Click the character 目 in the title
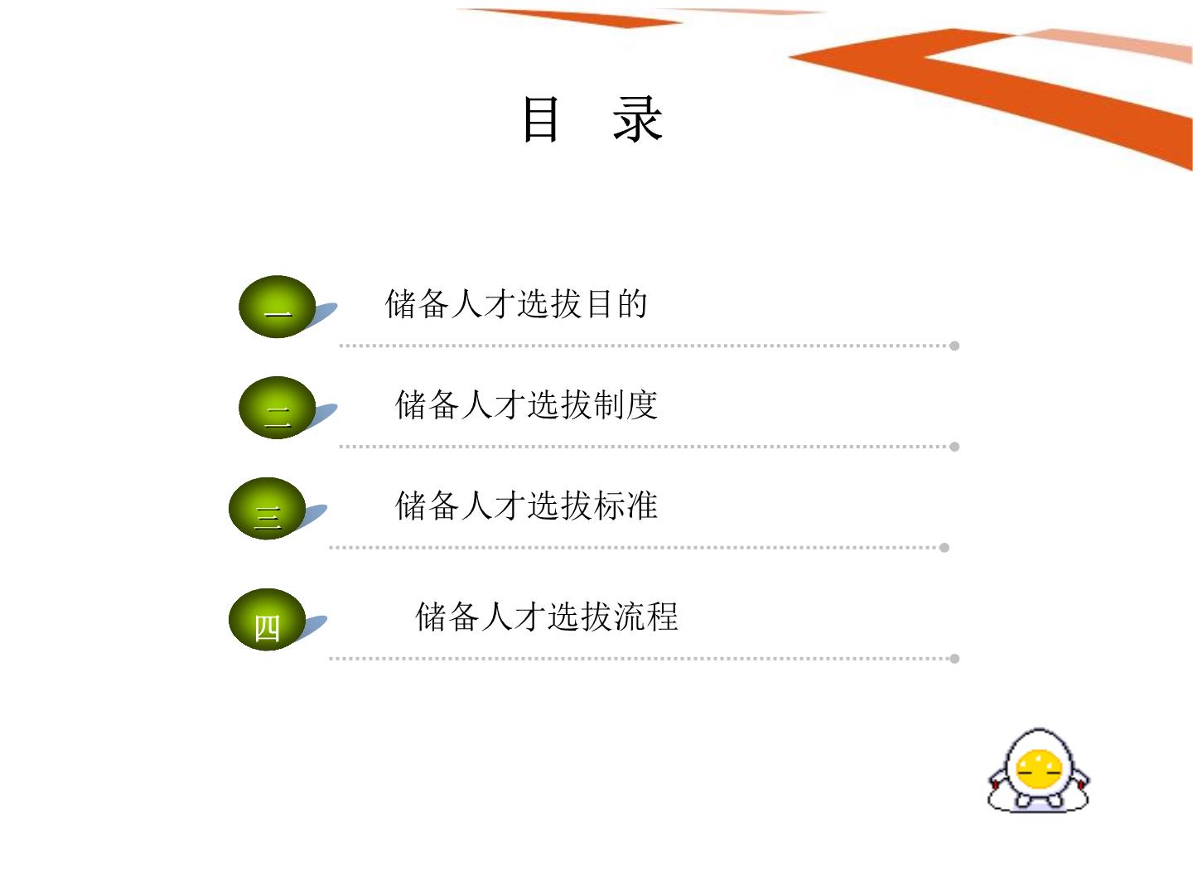[x=541, y=119]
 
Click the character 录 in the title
[x=638, y=119]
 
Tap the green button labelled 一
[x=278, y=307]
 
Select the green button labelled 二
[x=278, y=408]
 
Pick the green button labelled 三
[x=267, y=509]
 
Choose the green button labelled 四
[x=267, y=620]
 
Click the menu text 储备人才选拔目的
[x=516, y=304]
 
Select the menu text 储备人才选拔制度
[x=527, y=405]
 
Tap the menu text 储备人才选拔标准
[x=527, y=506]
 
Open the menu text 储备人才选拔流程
[x=547, y=617]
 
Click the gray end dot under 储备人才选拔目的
[x=954, y=346]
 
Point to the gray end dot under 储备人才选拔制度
[x=954, y=447]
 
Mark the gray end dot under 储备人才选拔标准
[x=944, y=548]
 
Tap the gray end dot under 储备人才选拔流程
[x=954, y=659]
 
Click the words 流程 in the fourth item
[x=646, y=617]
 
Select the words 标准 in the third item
[x=626, y=506]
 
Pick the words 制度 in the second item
[x=626, y=405]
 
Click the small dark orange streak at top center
[x=571, y=17]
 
